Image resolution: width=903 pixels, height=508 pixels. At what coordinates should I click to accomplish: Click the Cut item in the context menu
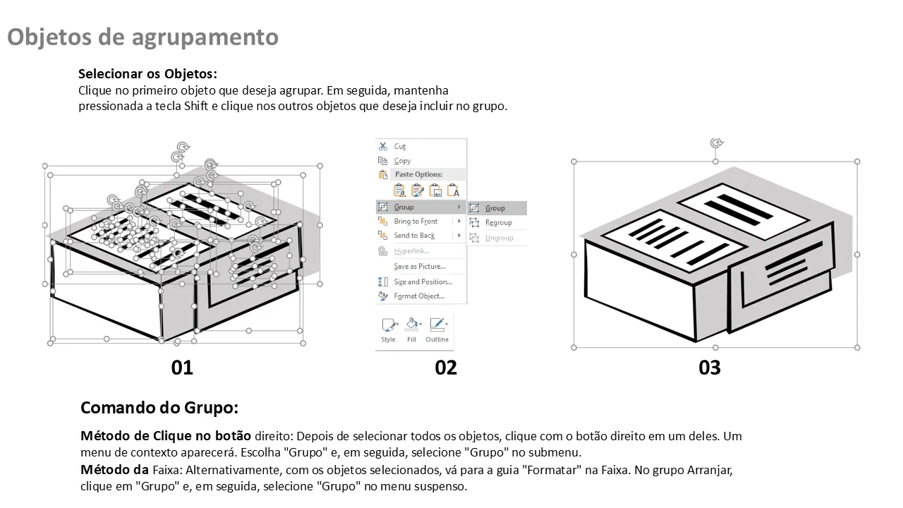pos(399,146)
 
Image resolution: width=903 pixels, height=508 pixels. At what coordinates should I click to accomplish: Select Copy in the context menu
pos(402,161)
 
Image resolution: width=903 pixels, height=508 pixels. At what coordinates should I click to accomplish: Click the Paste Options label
pos(418,174)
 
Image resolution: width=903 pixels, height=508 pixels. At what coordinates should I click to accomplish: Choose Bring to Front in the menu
pos(416,222)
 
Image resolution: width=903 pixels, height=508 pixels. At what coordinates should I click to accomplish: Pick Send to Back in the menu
pos(414,236)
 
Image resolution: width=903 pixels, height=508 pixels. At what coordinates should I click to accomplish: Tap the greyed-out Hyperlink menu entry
pos(411,250)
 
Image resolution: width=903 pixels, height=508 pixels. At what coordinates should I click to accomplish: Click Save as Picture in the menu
pos(420,267)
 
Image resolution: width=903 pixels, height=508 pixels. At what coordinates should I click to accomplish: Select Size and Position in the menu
pos(423,282)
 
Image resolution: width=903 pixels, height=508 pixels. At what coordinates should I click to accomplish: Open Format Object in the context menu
pos(419,296)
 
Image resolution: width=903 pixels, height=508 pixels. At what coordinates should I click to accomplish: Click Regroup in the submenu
pos(498,222)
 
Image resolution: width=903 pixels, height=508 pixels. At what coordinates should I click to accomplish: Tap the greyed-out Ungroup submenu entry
pos(499,238)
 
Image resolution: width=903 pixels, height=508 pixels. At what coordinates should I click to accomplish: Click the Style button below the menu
pos(389,330)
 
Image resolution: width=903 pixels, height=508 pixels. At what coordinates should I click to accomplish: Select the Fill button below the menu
pos(411,330)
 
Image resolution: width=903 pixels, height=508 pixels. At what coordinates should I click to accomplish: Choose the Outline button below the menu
pos(437,330)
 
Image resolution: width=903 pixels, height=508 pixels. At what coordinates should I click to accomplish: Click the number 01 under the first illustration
pos(182,368)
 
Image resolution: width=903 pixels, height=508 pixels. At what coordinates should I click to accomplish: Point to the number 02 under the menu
pos(446,368)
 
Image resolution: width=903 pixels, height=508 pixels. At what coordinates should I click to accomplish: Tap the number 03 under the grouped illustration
pos(710,368)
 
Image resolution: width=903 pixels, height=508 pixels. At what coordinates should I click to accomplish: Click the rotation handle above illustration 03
pos(716,143)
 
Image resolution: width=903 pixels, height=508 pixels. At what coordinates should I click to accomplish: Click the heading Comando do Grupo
pos(159,408)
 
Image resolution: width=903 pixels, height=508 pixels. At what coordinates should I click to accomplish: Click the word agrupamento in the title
pos(205,37)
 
